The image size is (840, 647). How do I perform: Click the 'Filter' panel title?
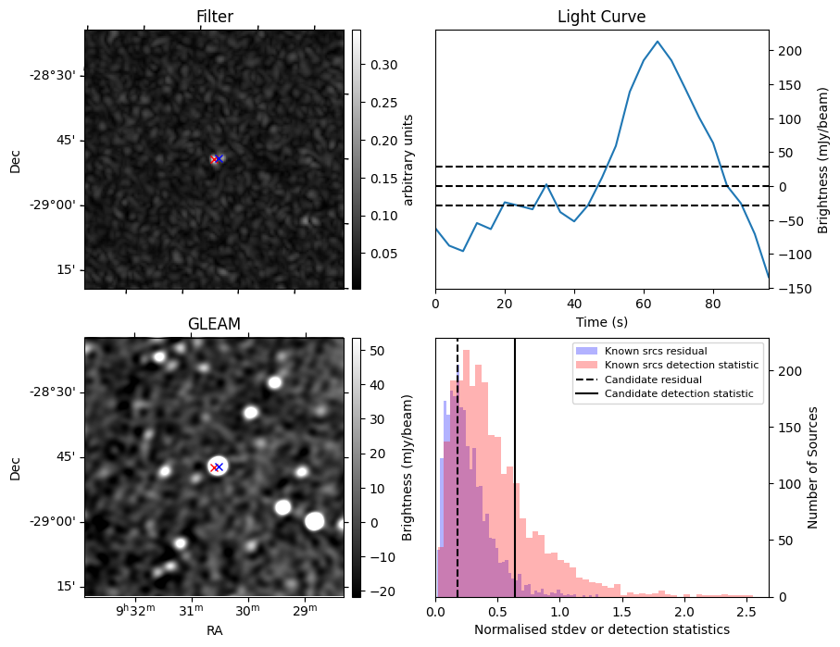[214, 17]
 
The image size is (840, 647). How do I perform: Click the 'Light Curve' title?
[601, 17]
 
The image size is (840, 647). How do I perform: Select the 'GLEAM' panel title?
[214, 324]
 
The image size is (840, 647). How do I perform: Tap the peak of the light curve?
[657, 42]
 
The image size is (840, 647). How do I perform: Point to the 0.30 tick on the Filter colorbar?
[373, 65]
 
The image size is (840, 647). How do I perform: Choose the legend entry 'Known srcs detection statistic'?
[681, 366]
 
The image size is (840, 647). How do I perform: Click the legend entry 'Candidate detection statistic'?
[679, 395]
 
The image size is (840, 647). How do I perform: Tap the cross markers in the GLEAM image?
[217, 467]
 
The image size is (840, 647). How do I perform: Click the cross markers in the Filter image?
[217, 159]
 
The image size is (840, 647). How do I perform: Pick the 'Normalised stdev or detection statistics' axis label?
[601, 630]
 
